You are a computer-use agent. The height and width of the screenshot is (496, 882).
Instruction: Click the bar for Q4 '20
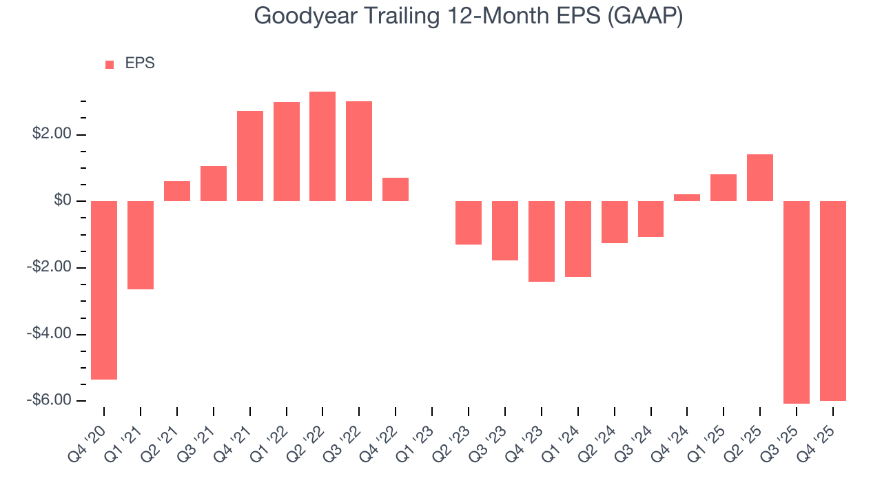(x=104, y=290)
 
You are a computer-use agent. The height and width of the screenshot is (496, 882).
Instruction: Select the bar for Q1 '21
(x=141, y=245)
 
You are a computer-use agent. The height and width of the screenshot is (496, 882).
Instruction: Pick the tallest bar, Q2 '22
(x=322, y=146)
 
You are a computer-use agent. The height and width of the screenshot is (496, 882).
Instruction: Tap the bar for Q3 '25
(x=797, y=302)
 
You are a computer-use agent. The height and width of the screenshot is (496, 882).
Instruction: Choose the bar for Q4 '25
(x=833, y=300)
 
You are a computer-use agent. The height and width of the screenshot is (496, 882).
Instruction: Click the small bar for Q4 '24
(x=687, y=198)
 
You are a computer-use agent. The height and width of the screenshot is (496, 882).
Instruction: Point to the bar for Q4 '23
(x=542, y=241)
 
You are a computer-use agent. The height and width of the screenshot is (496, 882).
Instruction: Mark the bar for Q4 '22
(x=396, y=189)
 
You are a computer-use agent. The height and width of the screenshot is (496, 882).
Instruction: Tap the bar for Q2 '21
(x=177, y=191)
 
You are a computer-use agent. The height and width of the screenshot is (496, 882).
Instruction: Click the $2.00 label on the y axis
(x=52, y=134)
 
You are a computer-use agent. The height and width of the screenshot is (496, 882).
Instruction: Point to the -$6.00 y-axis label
(x=50, y=400)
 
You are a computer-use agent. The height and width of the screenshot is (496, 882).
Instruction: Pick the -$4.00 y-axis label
(x=50, y=334)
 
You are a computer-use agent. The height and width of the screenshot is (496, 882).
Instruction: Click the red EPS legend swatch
(x=110, y=64)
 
